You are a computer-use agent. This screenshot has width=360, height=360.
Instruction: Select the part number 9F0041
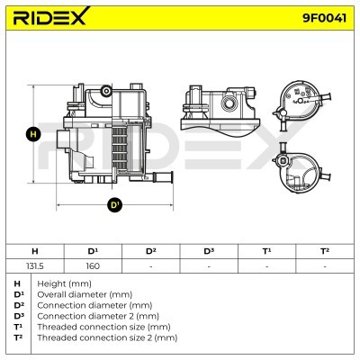(x=324, y=18)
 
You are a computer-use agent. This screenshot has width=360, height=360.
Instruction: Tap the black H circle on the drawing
(x=33, y=134)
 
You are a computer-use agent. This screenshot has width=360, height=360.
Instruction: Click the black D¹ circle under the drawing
(x=115, y=205)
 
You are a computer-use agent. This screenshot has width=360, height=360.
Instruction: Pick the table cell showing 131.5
(x=35, y=266)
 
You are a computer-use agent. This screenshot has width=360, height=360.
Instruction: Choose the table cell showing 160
(x=93, y=266)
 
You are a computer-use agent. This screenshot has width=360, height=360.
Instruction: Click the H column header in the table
(x=35, y=251)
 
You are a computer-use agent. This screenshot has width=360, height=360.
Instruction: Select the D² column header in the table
(x=151, y=251)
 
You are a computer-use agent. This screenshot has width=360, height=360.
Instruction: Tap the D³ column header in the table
(x=209, y=251)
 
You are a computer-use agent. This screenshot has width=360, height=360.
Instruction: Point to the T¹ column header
(x=266, y=251)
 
